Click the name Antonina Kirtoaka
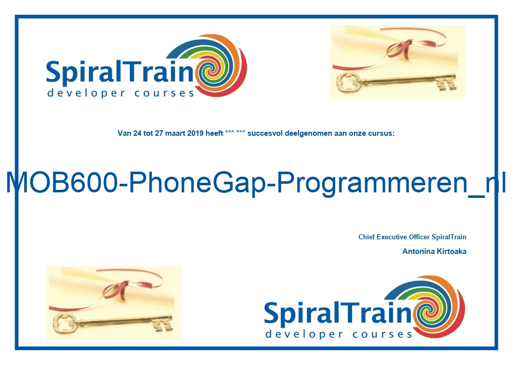[x=434, y=251]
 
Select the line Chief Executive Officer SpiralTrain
[x=412, y=237]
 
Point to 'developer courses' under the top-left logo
[x=121, y=93]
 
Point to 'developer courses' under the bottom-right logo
[x=339, y=334]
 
